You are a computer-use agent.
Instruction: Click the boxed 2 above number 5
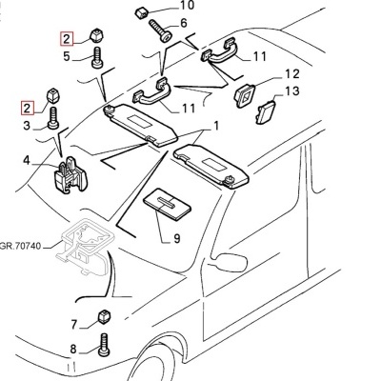point(66,39)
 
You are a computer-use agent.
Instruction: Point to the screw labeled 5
point(96,58)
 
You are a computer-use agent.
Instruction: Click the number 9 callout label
point(175,237)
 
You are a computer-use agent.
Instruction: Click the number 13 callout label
point(292,91)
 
